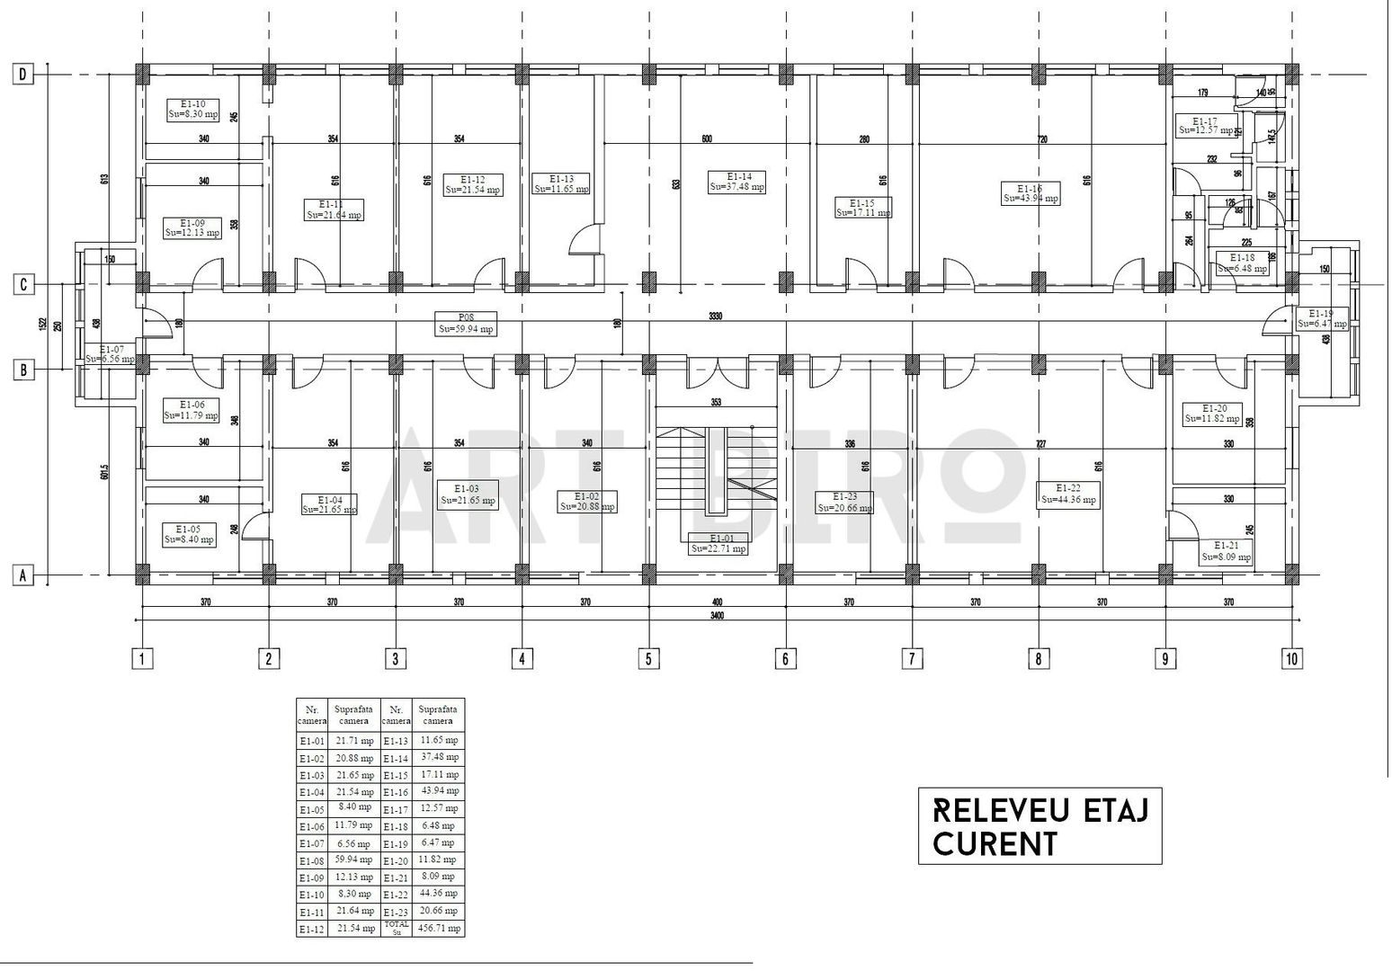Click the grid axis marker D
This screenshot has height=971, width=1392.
(23, 75)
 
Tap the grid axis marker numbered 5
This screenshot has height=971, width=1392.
(648, 659)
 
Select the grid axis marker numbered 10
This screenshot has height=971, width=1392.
(1291, 659)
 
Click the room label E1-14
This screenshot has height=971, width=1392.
(736, 182)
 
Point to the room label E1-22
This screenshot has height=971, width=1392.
(1067, 494)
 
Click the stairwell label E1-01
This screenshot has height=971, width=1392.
(718, 543)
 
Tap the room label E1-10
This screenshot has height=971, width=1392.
(193, 109)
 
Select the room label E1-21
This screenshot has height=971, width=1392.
(1226, 551)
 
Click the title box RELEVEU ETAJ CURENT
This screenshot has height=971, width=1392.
(1040, 825)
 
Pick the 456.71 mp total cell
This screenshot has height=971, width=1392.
(438, 927)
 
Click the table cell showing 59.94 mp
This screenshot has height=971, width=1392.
(354, 860)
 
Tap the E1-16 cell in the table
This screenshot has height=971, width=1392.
(396, 792)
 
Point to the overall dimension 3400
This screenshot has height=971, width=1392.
(716, 616)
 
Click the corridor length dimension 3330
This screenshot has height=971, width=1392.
(716, 316)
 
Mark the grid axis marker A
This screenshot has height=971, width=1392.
(23, 575)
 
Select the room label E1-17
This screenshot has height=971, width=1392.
(1204, 126)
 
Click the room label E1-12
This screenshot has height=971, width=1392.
(473, 184)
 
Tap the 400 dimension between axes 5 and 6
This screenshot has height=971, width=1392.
(716, 601)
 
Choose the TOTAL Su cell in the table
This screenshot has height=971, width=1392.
(396, 927)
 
